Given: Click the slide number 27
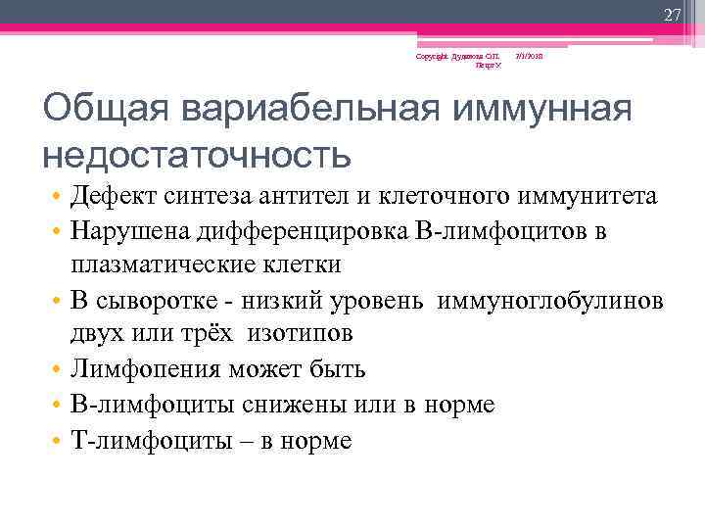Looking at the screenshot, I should [x=671, y=15].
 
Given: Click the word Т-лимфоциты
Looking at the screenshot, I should [x=132, y=441].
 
